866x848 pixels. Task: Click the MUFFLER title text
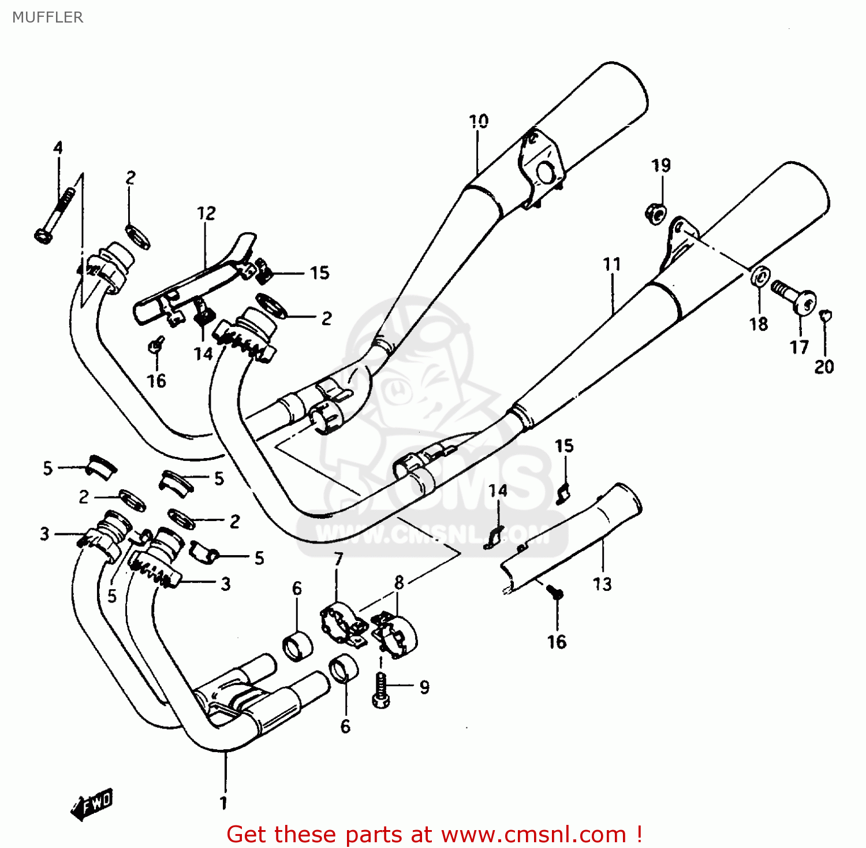pyautogui.click(x=47, y=17)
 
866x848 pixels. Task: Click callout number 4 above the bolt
pyautogui.click(x=58, y=148)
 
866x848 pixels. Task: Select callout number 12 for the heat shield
pyautogui.click(x=206, y=213)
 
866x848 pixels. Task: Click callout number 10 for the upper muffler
pyautogui.click(x=478, y=121)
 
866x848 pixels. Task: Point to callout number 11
pyautogui.click(x=612, y=265)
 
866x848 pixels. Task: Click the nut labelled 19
pyautogui.click(x=655, y=214)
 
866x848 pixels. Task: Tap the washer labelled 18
pyautogui.click(x=760, y=277)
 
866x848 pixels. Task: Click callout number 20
pyautogui.click(x=824, y=367)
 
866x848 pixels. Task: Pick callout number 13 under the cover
pyautogui.click(x=602, y=584)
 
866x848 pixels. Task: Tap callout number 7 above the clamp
pyautogui.click(x=338, y=559)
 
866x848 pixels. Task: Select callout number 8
pyautogui.click(x=399, y=582)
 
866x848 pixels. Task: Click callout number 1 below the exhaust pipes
pyautogui.click(x=223, y=802)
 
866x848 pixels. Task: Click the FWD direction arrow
pyautogui.click(x=92, y=804)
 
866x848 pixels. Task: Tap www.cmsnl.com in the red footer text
pyautogui.click(x=533, y=835)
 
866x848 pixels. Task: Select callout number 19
pyautogui.click(x=661, y=166)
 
